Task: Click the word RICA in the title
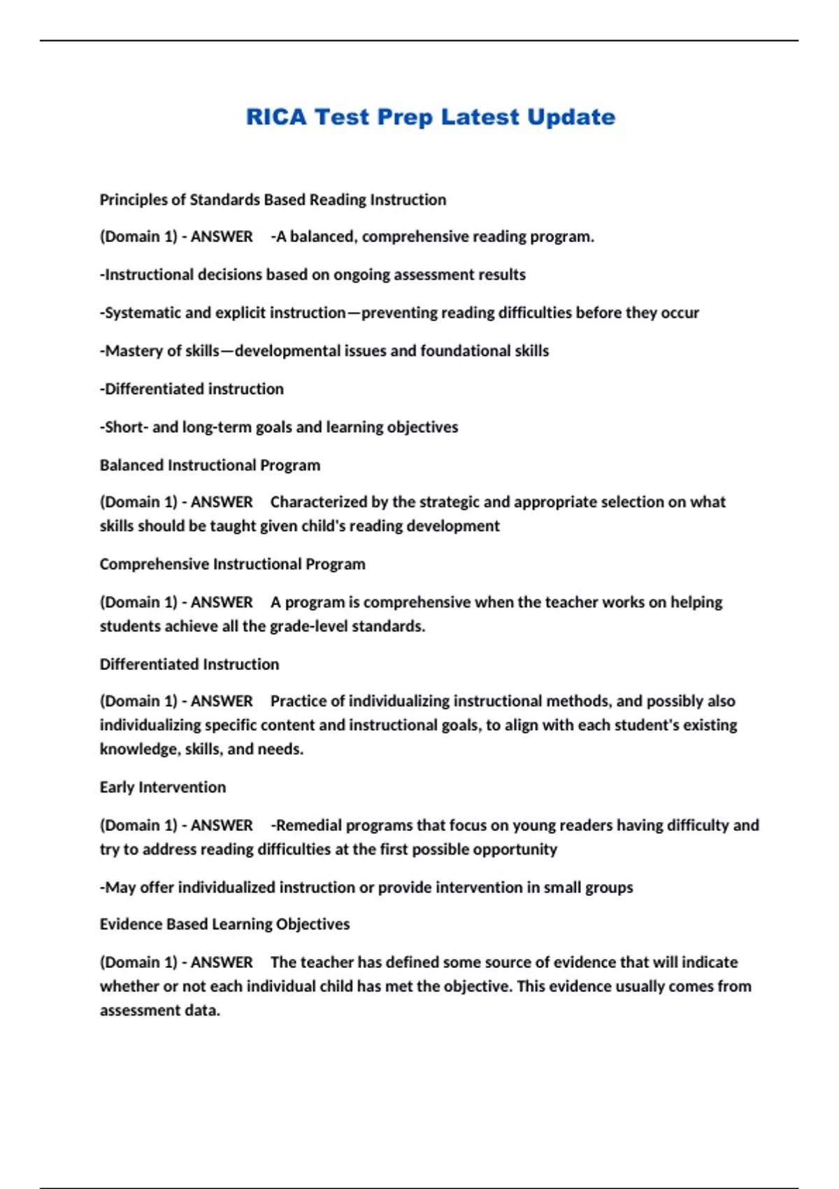276,117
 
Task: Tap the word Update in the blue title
571,117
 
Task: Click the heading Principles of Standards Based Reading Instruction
273,200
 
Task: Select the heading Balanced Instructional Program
210,465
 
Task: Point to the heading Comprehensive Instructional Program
232,564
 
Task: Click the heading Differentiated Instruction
189,664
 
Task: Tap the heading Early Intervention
162,788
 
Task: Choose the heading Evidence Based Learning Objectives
224,925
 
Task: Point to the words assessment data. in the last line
159,1011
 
